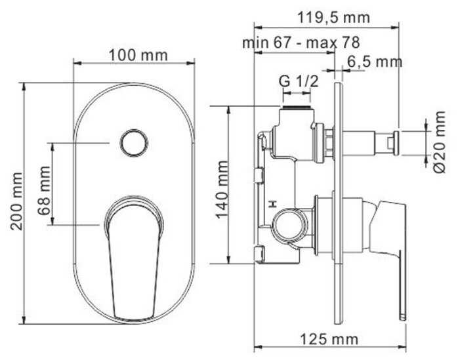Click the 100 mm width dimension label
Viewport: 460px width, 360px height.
click(138, 55)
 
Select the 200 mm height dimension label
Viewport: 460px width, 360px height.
click(16, 201)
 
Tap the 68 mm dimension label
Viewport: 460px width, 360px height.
click(44, 191)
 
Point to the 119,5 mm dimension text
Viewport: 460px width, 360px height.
click(333, 18)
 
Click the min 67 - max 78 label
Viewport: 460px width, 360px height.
click(301, 43)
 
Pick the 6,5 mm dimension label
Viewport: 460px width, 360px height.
click(375, 62)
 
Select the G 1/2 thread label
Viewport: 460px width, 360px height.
click(299, 81)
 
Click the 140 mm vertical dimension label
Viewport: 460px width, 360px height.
click(222, 190)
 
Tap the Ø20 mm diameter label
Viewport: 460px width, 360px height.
click(439, 142)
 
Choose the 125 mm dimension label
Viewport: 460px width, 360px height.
click(329, 340)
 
